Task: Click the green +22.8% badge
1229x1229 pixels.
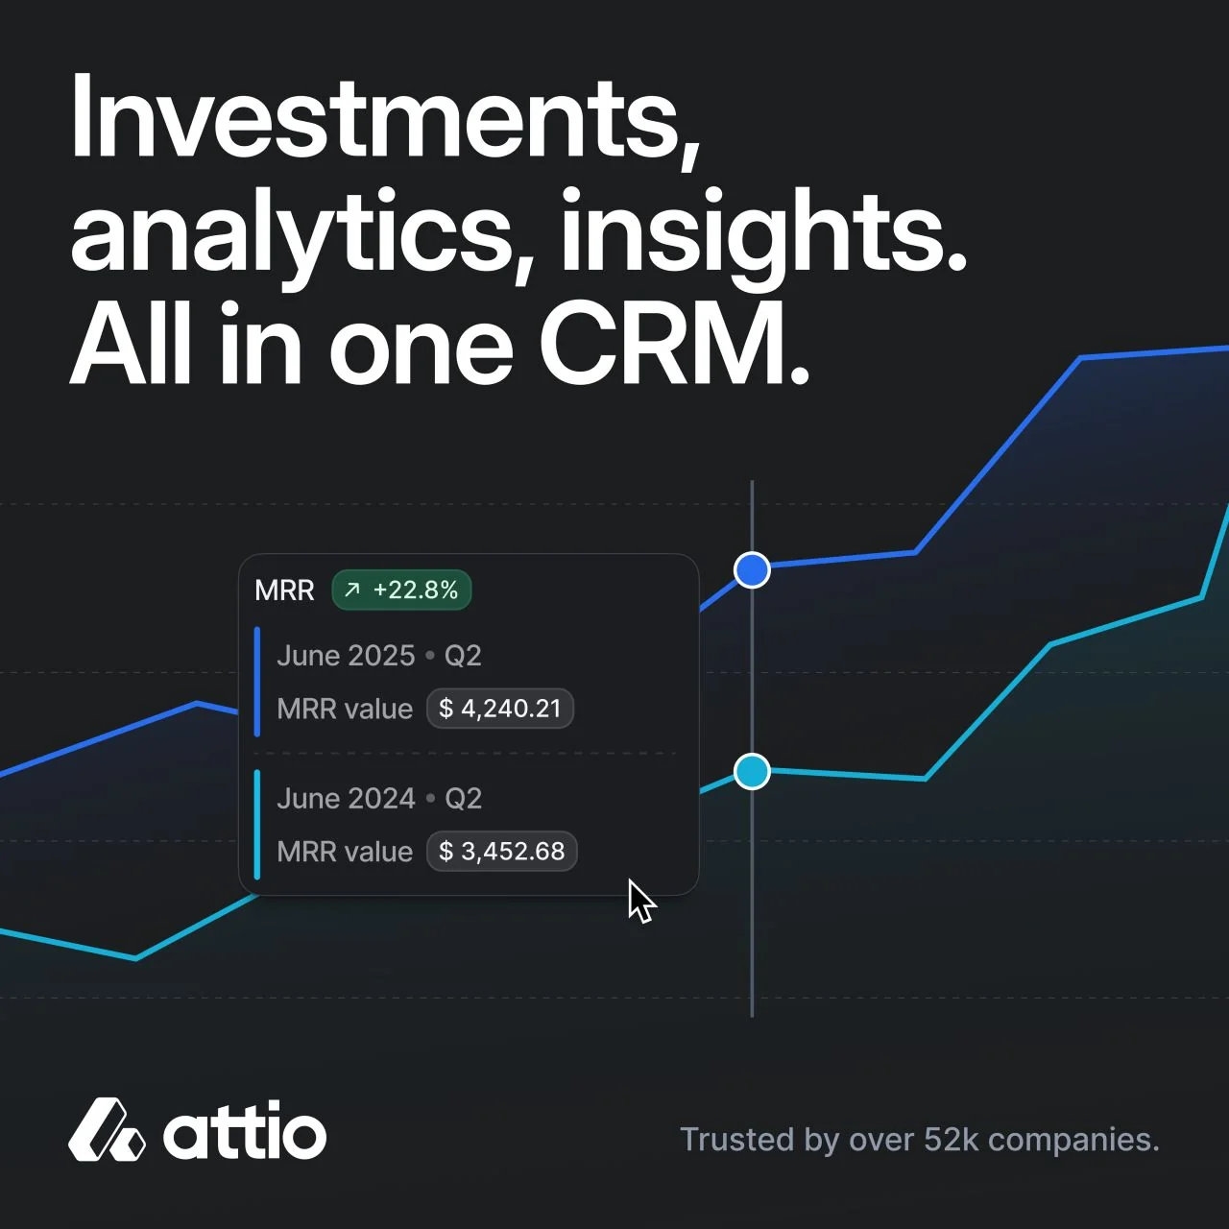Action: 402,590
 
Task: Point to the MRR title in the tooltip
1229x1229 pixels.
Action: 284,590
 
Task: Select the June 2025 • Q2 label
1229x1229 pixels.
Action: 378,656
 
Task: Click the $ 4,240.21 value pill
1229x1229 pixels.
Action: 499,709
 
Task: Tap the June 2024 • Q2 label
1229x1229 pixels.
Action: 378,799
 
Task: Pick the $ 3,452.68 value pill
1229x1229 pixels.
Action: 501,852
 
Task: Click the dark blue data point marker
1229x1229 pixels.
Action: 752,570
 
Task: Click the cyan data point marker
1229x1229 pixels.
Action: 752,771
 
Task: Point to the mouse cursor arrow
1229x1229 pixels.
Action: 639,901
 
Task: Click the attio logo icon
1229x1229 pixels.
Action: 107,1130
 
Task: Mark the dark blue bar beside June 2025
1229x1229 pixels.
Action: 257,682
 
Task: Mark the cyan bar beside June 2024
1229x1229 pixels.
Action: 257,824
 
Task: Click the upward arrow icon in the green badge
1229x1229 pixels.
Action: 352,590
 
